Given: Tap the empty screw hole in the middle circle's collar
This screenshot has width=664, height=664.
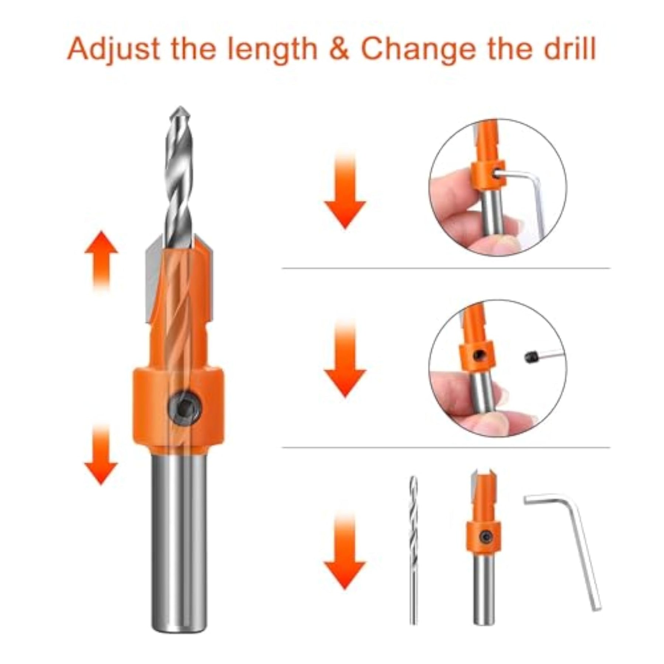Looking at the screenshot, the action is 480,355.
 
